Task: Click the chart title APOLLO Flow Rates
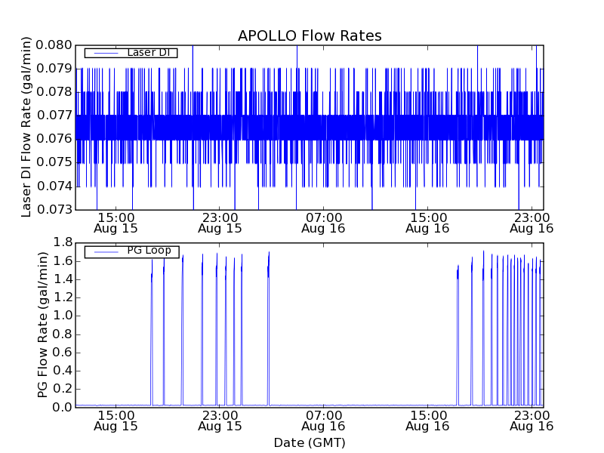click(x=310, y=35)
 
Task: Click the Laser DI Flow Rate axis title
click(x=26, y=127)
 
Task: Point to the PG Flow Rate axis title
click(x=43, y=325)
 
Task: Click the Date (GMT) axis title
click(x=310, y=442)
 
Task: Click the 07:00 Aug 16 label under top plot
click(x=323, y=221)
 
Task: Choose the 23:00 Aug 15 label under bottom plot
click(x=219, y=420)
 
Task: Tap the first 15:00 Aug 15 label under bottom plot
click(x=116, y=420)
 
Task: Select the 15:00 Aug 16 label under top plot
click(x=427, y=221)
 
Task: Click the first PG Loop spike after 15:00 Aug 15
click(x=152, y=302)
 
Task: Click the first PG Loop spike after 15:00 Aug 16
click(x=458, y=302)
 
